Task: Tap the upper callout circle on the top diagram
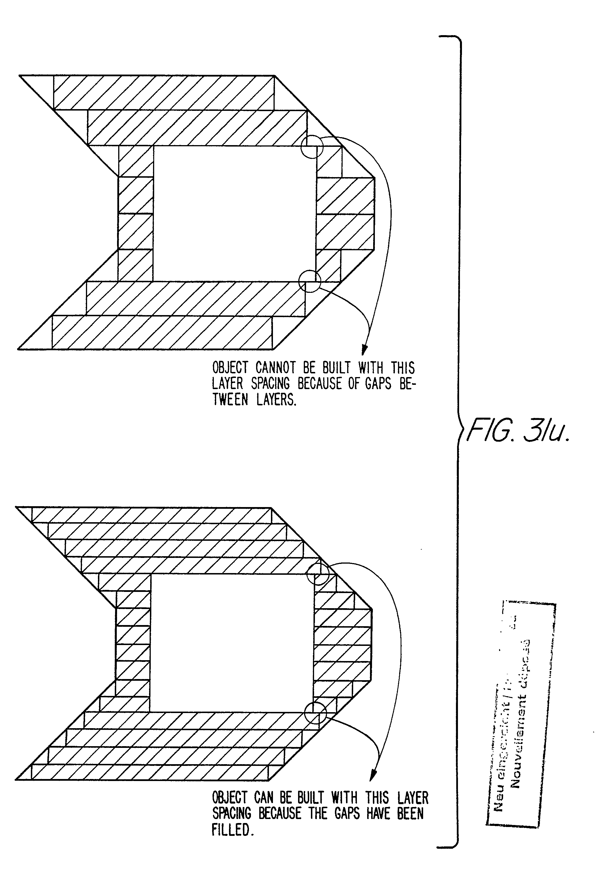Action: click(x=312, y=146)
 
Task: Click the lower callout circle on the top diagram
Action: click(x=310, y=281)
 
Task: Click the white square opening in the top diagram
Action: click(x=234, y=213)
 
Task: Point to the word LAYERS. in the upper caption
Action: click(x=276, y=400)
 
